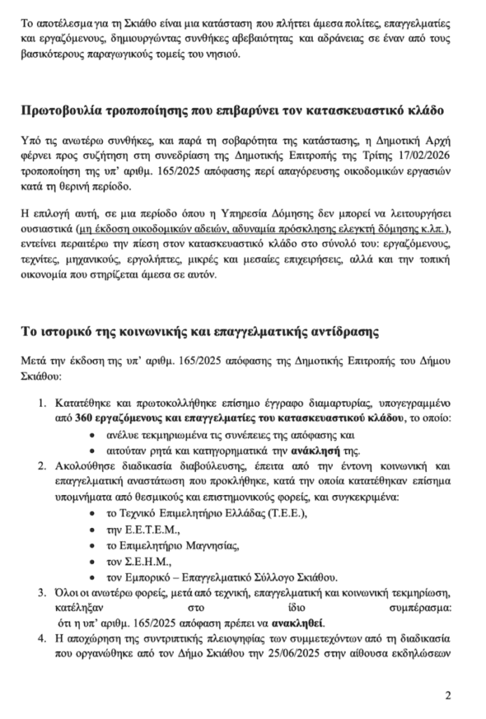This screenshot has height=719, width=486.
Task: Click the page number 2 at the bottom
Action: (448, 696)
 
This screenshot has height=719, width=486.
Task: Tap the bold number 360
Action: (83, 419)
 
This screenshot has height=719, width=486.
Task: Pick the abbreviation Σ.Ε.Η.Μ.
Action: (144, 562)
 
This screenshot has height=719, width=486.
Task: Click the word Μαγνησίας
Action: (209, 546)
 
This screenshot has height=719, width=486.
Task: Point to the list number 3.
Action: (41, 594)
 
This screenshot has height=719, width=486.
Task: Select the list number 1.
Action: (41, 404)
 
